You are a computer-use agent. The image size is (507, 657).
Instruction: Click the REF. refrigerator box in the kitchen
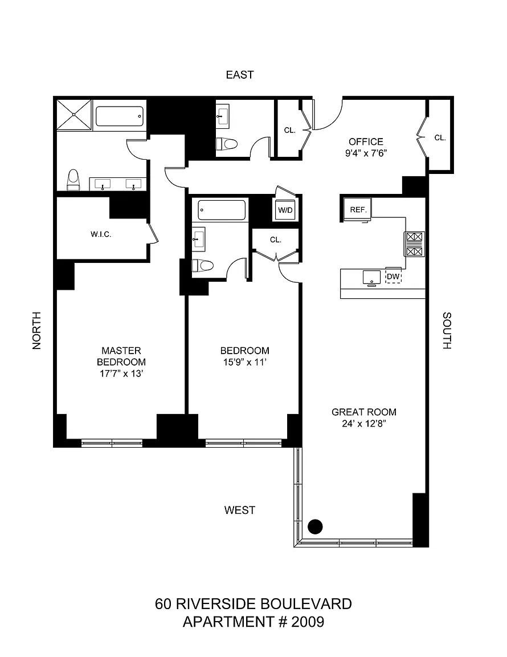(x=358, y=209)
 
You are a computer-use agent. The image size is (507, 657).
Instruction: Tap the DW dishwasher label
(x=393, y=276)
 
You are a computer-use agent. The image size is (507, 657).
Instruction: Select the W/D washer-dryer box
(x=285, y=210)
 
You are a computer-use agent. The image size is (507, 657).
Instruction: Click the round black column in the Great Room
(x=315, y=526)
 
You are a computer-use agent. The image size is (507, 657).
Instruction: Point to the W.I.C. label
(x=100, y=234)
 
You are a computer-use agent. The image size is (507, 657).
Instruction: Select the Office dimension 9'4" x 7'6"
(x=366, y=153)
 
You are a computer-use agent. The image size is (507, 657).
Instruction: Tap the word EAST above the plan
(x=239, y=75)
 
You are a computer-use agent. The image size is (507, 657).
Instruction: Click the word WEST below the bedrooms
(x=239, y=510)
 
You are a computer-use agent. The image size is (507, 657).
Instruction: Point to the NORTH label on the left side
(x=37, y=330)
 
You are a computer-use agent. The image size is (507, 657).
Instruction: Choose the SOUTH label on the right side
(x=447, y=330)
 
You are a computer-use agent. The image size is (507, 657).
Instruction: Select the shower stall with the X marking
(x=74, y=115)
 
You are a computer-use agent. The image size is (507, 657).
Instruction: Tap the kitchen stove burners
(x=414, y=244)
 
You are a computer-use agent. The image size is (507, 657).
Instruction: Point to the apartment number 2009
(x=307, y=621)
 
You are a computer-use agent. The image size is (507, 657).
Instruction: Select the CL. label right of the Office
(x=440, y=137)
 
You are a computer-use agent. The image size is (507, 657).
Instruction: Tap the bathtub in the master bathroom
(x=119, y=117)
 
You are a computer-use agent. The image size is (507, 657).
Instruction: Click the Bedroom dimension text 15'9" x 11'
(x=244, y=362)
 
